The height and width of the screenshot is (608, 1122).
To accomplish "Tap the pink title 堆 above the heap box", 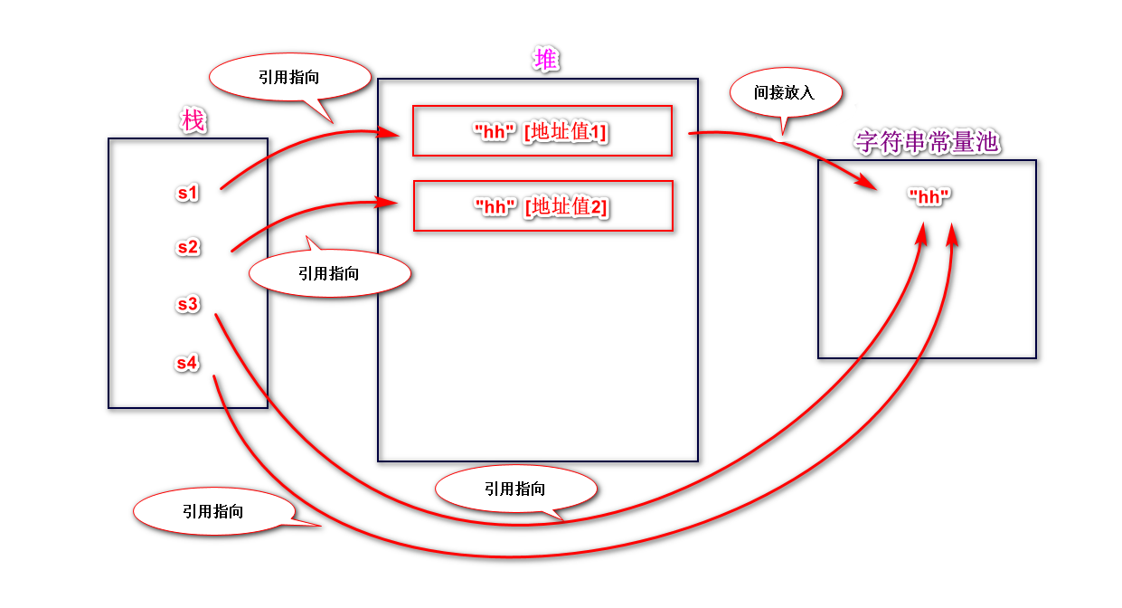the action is coord(546,61).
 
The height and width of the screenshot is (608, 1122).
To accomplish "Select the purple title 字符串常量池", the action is coord(928,142).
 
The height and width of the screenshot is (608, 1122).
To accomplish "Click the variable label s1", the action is coord(187,192).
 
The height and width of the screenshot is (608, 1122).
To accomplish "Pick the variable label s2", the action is coord(187,246).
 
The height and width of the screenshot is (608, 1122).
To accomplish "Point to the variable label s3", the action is coord(187,304).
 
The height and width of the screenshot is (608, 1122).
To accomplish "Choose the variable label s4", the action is coord(187,363).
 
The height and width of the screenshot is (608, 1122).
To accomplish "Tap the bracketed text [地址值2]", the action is coord(566,207).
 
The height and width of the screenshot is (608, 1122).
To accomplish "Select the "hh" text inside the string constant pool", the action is coord(930,196).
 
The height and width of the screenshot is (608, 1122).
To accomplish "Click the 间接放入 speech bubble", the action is coord(785,92).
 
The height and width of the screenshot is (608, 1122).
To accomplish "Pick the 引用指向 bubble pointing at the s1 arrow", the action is coord(289,78).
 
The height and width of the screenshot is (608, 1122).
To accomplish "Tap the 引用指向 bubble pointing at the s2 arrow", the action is coord(329,273).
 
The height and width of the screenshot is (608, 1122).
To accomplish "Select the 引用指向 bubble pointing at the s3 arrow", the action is coord(515,489).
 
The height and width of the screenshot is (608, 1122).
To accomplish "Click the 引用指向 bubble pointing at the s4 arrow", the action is coord(213,511).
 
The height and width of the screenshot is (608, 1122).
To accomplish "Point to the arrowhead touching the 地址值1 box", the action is coord(390,134).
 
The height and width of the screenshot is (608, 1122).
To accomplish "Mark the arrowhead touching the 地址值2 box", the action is coord(389,204).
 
